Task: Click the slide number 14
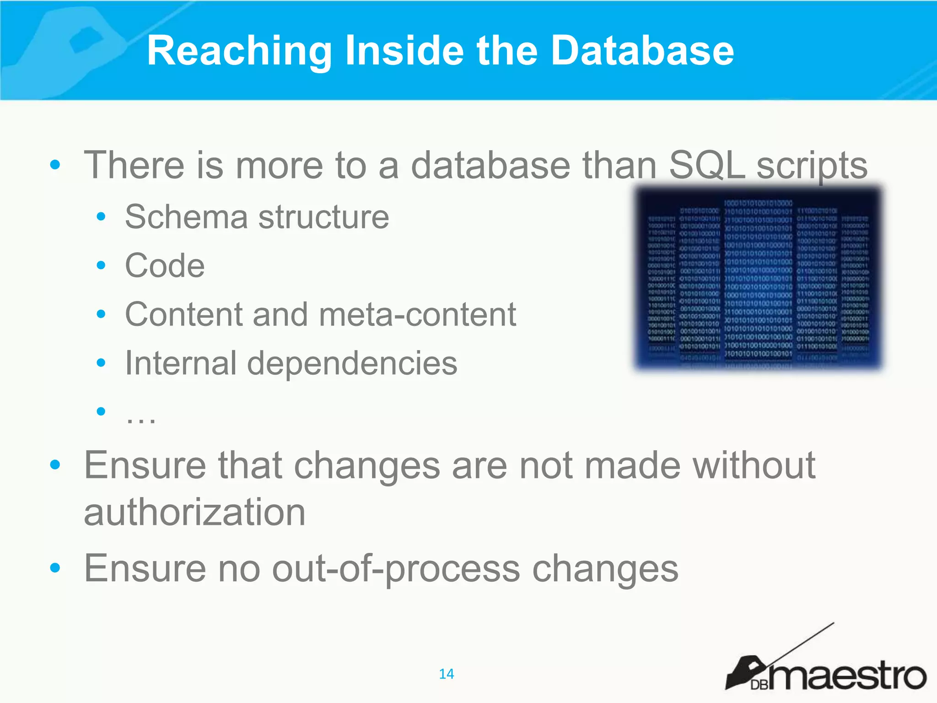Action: [446, 674]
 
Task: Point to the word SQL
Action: [707, 166]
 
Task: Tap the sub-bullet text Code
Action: [165, 265]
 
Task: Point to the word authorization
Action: [194, 513]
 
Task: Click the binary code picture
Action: [758, 278]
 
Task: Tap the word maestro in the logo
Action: [846, 675]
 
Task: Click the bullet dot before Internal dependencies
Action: [101, 363]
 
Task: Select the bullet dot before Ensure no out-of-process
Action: [55, 568]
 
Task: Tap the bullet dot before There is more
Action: [55, 165]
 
